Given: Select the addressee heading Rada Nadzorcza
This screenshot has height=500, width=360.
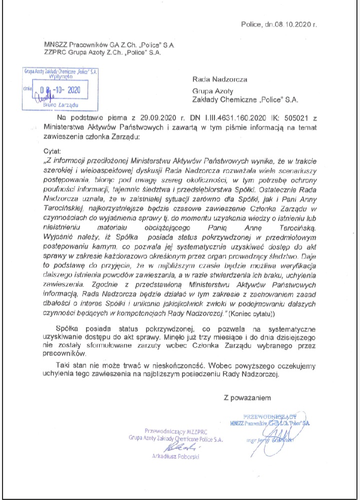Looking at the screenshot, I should point(218,78).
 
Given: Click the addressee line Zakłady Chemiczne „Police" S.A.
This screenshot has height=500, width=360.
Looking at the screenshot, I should point(245,100).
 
